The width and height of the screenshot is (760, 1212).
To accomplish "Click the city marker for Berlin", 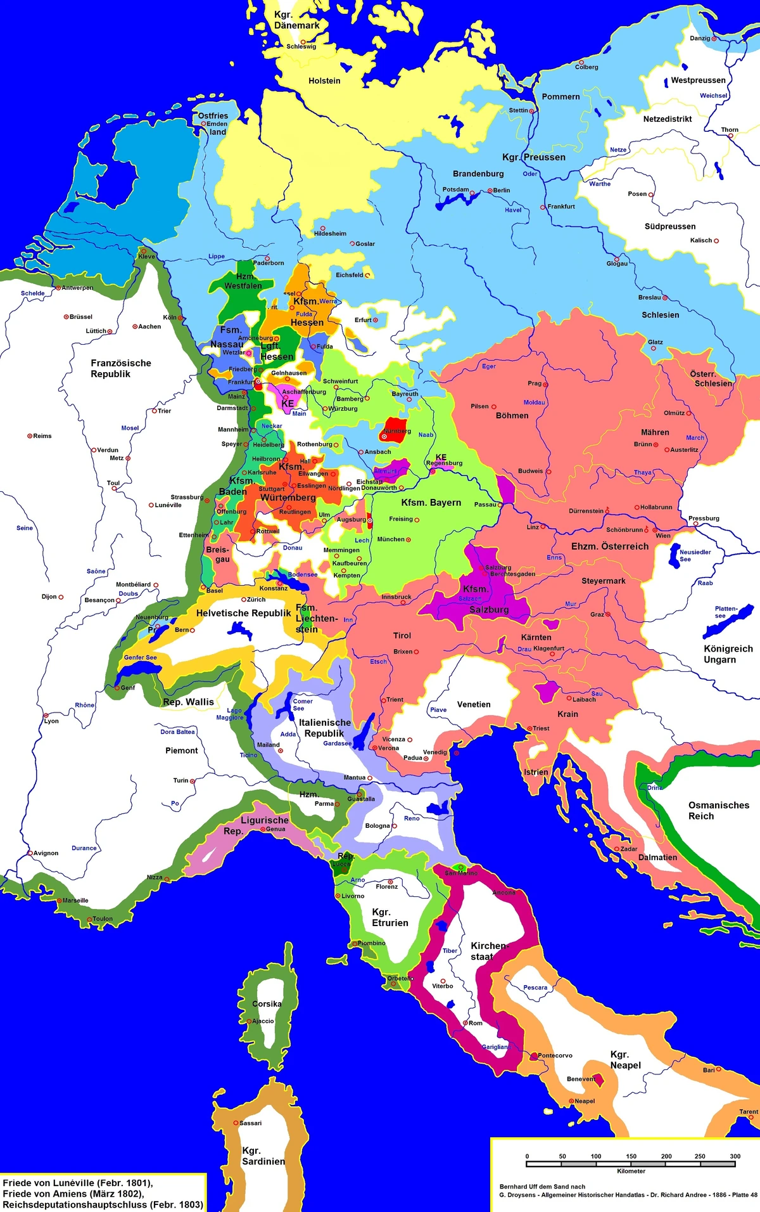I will coord(490,190).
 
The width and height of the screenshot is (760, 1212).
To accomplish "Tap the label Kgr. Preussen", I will coord(533,157).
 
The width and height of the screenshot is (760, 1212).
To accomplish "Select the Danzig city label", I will coord(700,38).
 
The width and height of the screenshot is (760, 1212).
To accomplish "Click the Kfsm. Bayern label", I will coord(431,503).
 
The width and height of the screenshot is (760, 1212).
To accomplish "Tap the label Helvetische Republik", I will coord(243,613).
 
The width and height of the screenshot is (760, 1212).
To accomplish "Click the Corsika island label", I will coord(266,1003).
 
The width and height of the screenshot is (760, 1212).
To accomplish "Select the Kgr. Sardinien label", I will coord(263,1156).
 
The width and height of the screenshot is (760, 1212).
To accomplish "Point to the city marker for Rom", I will coord(465,1023).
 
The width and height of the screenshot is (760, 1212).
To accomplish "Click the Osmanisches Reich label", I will coord(718,810).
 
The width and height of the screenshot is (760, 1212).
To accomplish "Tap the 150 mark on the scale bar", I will coord(631,1156).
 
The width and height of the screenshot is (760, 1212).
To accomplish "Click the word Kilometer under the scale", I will coord(631,1171).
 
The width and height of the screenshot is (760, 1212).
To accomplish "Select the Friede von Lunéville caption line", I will coord(77,1183).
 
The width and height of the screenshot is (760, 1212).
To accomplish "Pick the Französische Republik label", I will coord(120,368).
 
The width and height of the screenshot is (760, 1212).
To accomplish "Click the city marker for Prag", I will coord(545,384).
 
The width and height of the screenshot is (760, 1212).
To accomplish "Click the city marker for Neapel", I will coord(571,1101).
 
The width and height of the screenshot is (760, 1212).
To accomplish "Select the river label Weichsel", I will coord(713,96).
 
